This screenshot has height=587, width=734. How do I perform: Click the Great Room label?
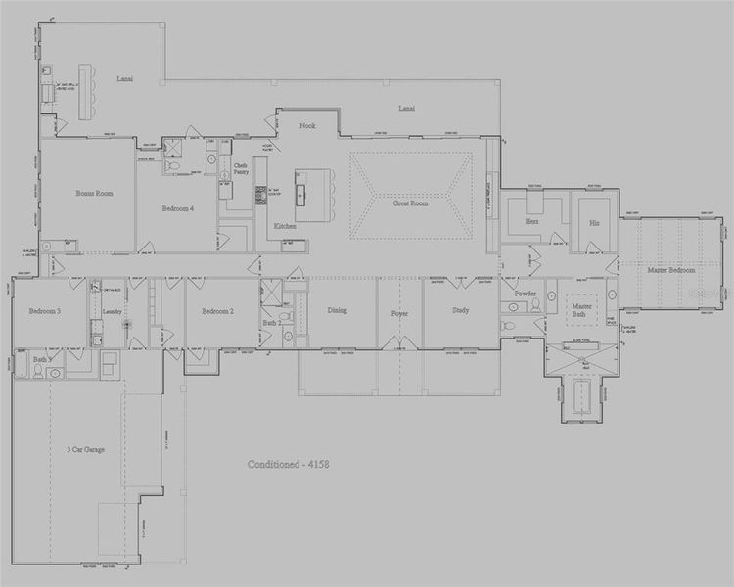click(x=411, y=203)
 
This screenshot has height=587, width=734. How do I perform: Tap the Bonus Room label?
click(x=95, y=194)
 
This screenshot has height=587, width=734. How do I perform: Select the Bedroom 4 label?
click(x=178, y=208)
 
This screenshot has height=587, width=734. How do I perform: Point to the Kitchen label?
click(x=285, y=226)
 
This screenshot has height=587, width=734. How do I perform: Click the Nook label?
click(x=307, y=126)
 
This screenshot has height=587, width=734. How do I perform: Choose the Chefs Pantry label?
click(x=240, y=169)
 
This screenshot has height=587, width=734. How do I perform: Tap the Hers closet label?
click(x=532, y=222)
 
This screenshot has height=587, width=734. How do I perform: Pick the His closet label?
click(x=594, y=222)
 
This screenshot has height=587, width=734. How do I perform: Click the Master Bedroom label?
click(x=671, y=269)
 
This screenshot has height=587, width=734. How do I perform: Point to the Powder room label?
click(x=526, y=293)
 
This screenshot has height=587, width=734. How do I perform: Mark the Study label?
click(x=460, y=311)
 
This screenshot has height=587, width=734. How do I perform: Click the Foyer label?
click(x=399, y=314)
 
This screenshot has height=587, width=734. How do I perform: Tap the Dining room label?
click(x=337, y=310)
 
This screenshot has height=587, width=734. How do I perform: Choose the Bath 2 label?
click(x=272, y=323)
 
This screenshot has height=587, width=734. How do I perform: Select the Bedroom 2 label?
click(x=216, y=311)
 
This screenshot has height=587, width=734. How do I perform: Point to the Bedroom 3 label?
click(x=44, y=311)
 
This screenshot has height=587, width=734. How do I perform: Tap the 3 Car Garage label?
click(x=87, y=450)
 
